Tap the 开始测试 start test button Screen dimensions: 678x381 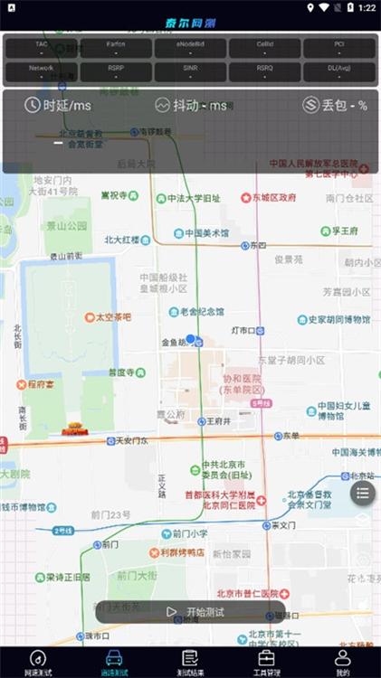click(x=192, y=612)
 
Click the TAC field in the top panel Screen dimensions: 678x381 click(x=42, y=48)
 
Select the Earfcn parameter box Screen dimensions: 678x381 click(x=116, y=48)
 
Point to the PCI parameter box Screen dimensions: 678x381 click(x=338, y=48)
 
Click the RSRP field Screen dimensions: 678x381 click(x=116, y=72)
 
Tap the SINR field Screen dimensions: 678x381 click(x=190, y=72)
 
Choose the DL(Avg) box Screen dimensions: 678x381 click(x=338, y=72)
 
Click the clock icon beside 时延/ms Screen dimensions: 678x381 click(x=32, y=105)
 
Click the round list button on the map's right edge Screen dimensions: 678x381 click(x=362, y=493)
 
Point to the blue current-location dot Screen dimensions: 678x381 click(x=190, y=339)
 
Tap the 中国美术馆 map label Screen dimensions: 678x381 click(x=207, y=232)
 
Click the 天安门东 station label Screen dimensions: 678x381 click(x=127, y=441)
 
